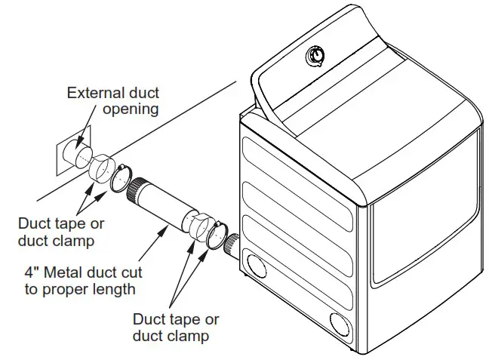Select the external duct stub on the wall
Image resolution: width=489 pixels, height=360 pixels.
click(x=75, y=151)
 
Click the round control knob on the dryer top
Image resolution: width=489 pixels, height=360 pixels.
click(x=315, y=57)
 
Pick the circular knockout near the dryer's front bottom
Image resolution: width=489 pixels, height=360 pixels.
click(x=341, y=323)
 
